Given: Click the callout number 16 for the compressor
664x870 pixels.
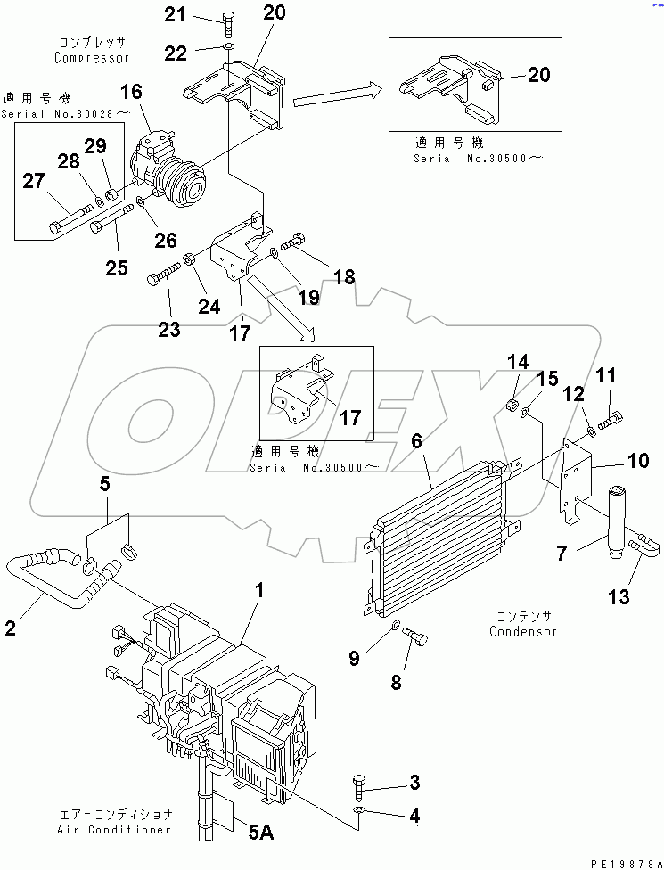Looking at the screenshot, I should pyautogui.click(x=130, y=92).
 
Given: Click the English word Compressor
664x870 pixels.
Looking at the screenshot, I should pyautogui.click(x=92, y=58).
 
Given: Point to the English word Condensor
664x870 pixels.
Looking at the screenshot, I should pyautogui.click(x=523, y=631).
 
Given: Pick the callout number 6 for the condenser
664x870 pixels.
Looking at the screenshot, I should pyautogui.click(x=416, y=440).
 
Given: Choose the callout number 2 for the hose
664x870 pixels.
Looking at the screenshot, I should pyautogui.click(x=11, y=628).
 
